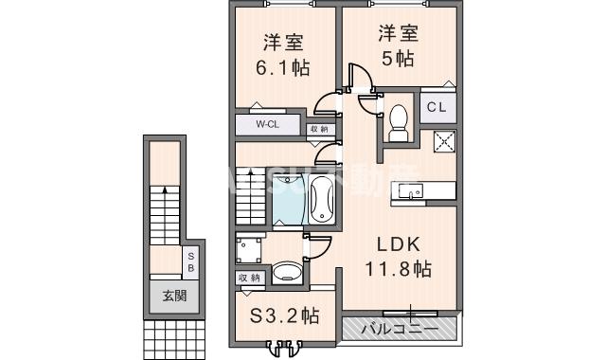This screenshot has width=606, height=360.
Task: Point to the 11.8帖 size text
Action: [398, 269]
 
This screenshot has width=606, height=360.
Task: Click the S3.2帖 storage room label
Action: [284, 315]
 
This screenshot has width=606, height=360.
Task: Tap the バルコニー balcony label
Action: [397, 330]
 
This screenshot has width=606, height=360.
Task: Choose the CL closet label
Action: [436, 107]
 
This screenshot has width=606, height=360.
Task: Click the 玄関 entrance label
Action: [167, 296]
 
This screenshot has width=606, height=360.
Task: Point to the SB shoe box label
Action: [190, 261]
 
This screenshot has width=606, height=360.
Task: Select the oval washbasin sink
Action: [286, 273]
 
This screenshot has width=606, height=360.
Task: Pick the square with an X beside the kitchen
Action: [444, 142]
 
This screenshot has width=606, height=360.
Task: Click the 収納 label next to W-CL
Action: [318, 128]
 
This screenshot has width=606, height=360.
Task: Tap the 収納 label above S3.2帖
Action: [250, 277]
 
